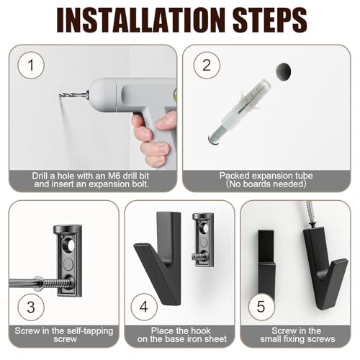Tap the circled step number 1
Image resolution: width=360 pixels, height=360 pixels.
click(30, 68)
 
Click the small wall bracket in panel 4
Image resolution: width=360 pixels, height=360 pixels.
click(204, 241)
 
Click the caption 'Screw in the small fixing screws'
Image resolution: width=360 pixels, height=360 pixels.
click(300, 334)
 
